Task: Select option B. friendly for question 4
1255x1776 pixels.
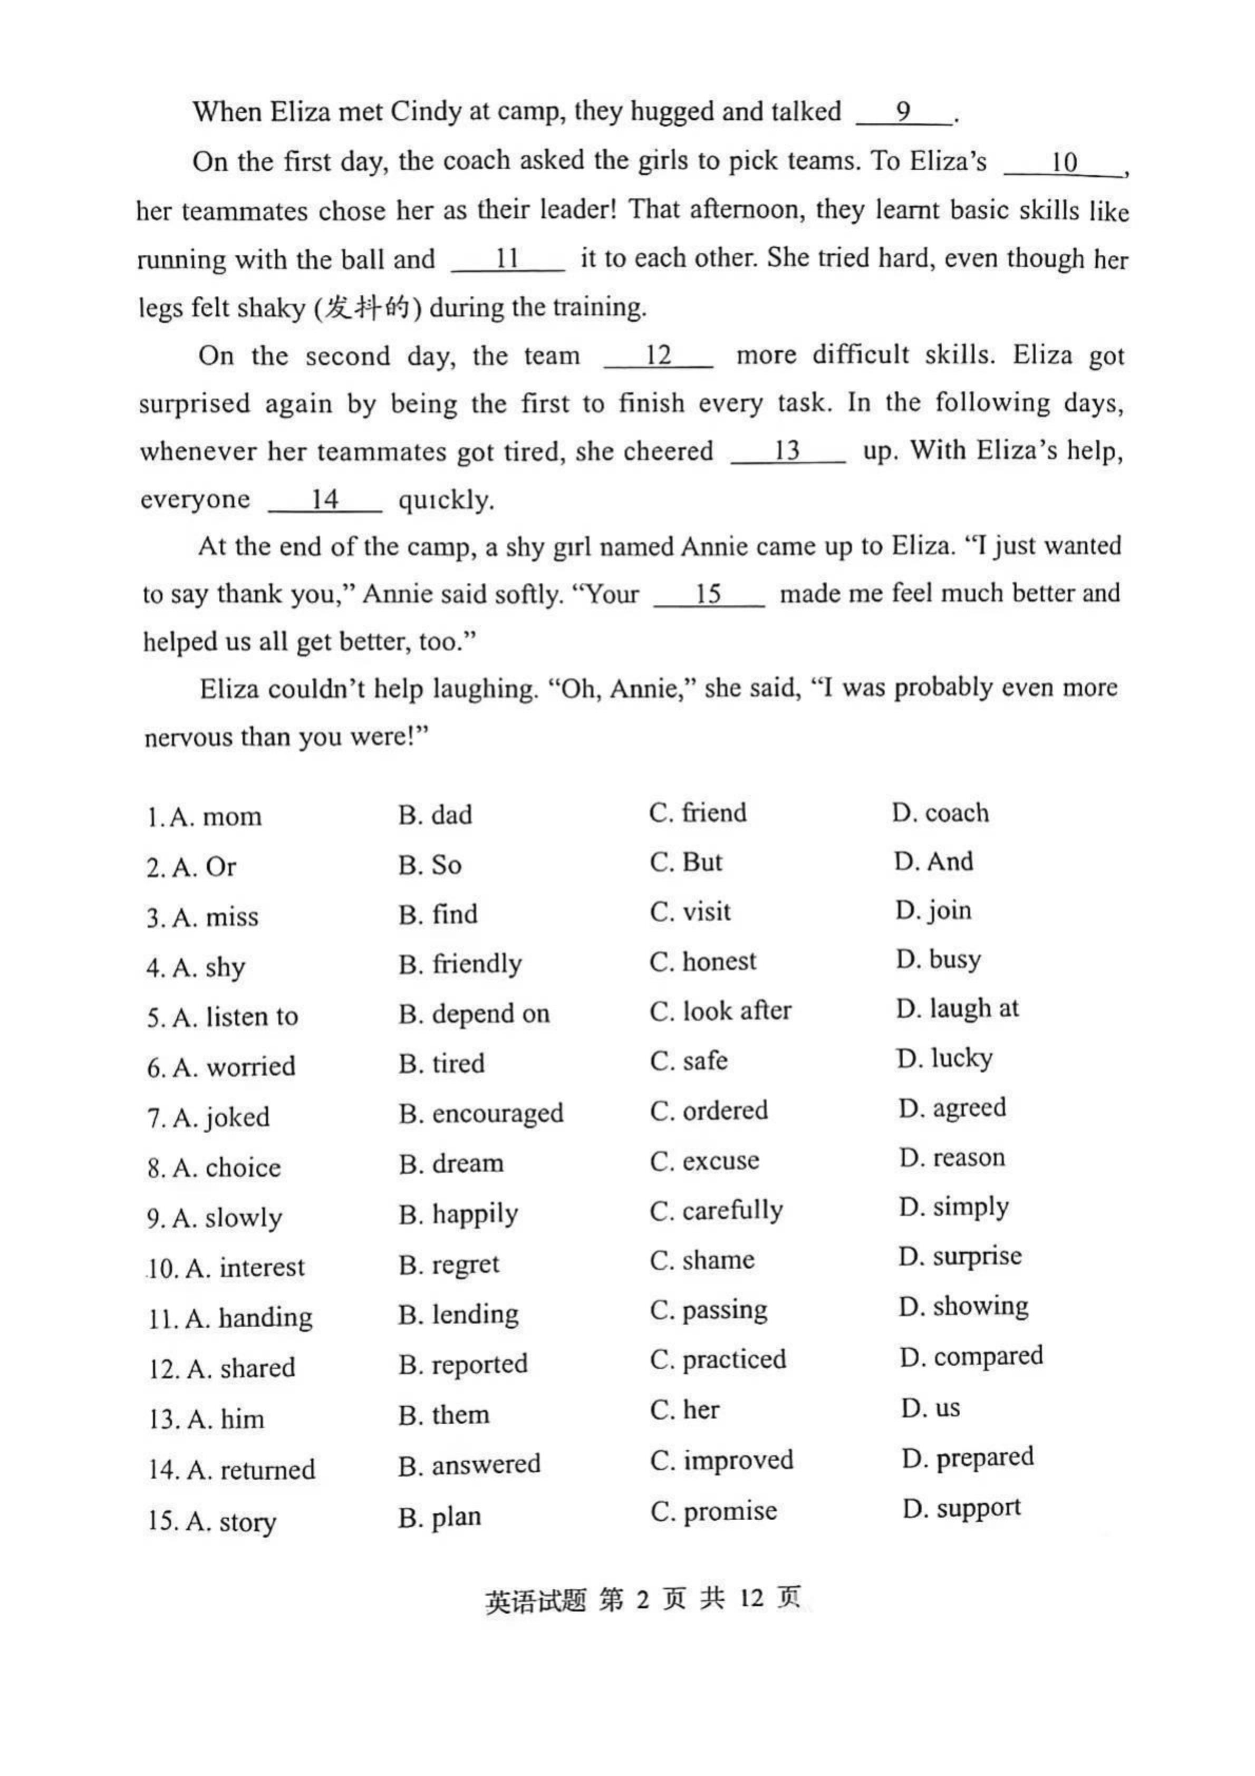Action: click(x=460, y=964)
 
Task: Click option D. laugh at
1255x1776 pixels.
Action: click(x=957, y=1009)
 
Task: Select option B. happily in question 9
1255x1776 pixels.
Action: click(x=458, y=1214)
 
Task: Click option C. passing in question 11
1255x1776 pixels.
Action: click(x=708, y=1309)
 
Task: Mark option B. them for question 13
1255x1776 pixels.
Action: click(x=443, y=1415)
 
